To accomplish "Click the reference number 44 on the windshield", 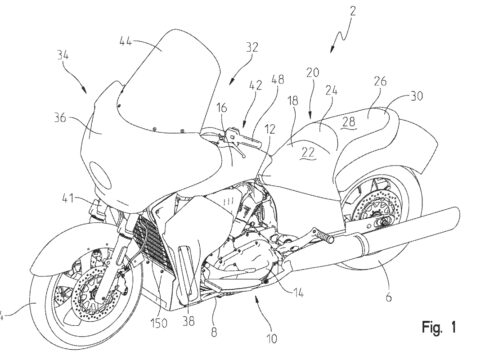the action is [x=127, y=41].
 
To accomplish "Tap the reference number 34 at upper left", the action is [x=63, y=55].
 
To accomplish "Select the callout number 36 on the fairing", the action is [x=61, y=118].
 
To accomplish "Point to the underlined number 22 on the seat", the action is [x=308, y=153].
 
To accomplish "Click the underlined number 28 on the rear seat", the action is [x=348, y=122].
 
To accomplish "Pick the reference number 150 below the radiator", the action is [x=159, y=323].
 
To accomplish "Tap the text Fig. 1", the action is [x=438, y=327].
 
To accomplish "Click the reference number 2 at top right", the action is [x=353, y=11].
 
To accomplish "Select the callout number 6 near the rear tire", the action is [x=389, y=297].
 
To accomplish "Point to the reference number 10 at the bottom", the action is [x=272, y=339].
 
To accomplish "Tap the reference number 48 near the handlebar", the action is [x=277, y=80].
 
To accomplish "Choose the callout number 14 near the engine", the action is [x=298, y=293].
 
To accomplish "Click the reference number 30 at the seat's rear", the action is [x=416, y=96].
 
